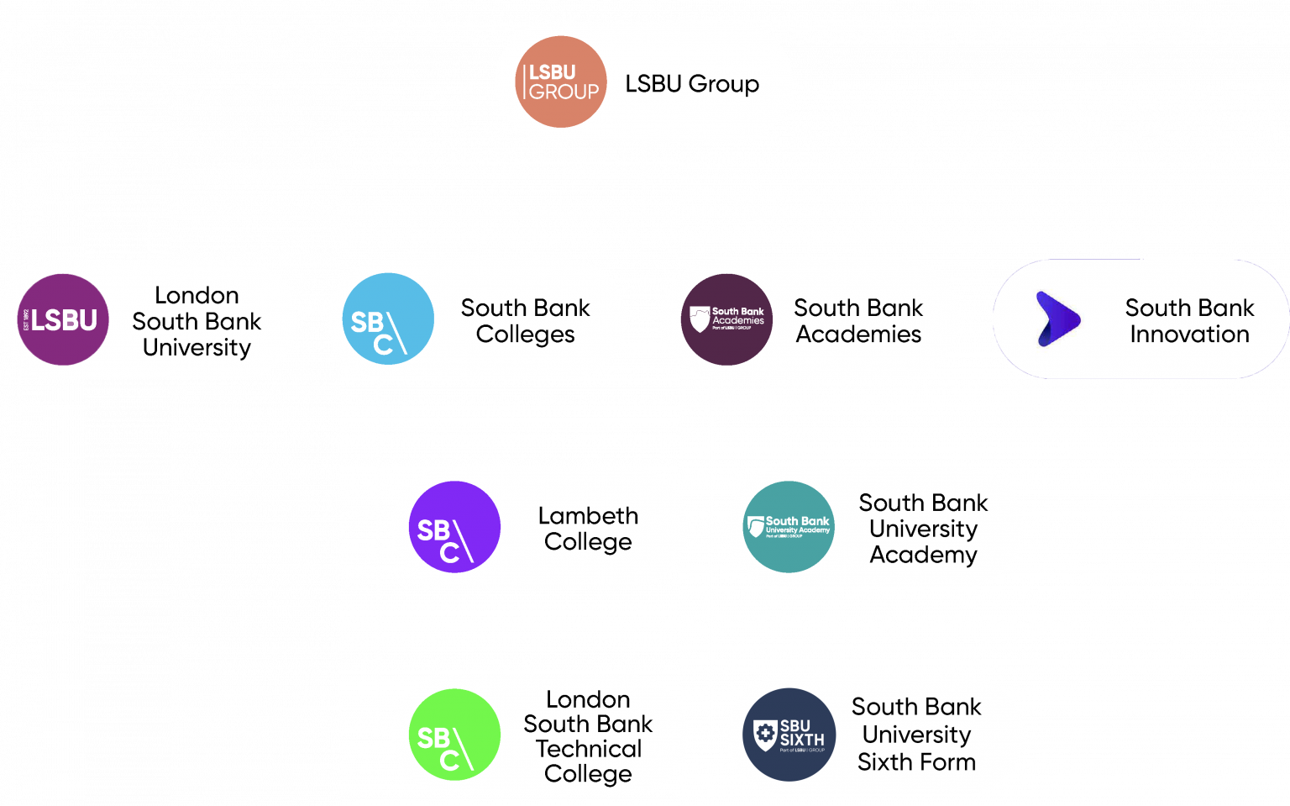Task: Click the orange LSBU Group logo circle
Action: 561,82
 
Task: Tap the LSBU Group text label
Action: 691,83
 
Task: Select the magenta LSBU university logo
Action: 64,319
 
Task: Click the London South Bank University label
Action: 197,321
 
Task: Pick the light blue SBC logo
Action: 387,319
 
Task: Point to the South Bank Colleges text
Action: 525,320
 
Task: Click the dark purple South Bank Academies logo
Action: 726,319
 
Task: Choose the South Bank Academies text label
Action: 857,320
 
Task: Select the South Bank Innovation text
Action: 1189,320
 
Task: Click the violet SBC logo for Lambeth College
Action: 454,527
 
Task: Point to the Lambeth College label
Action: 588,528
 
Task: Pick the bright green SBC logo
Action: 454,735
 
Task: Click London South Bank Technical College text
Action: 588,735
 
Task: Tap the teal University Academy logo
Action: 789,527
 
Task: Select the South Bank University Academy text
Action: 923,528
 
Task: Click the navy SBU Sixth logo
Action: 789,735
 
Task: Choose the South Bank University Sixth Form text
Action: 916,734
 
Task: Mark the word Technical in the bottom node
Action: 588,748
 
